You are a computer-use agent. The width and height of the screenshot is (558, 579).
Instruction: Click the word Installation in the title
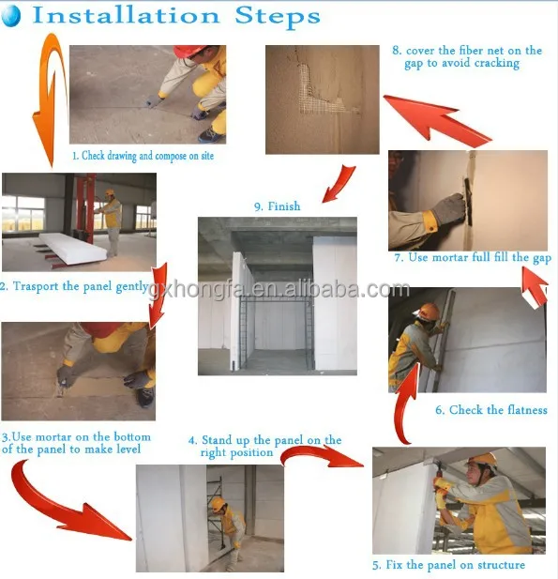coord(126,16)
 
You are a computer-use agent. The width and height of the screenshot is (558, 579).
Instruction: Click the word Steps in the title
coord(278,16)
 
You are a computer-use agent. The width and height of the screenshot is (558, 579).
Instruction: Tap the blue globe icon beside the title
coord(10,16)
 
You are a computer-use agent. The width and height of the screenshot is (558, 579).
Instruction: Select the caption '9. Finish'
coord(278,206)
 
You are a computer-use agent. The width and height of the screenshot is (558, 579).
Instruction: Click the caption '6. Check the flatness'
coord(490,410)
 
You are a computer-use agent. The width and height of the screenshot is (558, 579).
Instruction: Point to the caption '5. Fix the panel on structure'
coord(448,565)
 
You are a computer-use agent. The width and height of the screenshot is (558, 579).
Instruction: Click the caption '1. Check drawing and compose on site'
coord(143,156)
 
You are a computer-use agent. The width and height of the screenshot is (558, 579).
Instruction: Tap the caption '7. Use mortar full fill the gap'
coord(473,257)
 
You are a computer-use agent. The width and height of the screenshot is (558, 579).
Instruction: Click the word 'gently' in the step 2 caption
coord(132,287)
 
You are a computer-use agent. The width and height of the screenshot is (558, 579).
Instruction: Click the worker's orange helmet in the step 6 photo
coord(430,312)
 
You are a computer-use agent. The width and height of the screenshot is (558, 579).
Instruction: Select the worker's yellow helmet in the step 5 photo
coord(483,461)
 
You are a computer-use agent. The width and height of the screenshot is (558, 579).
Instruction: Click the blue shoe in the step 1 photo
coord(212,136)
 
